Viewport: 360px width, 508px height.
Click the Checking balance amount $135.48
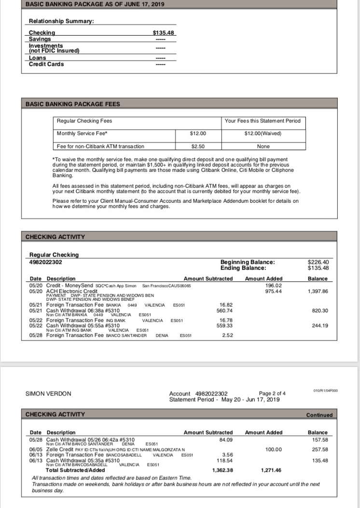[163, 33]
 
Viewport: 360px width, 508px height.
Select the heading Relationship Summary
[61, 21]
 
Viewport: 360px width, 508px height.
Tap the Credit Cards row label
[46, 64]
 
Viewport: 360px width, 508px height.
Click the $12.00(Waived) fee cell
[263, 133]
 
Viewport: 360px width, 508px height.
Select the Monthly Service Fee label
[82, 133]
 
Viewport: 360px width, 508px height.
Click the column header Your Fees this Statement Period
[263, 121]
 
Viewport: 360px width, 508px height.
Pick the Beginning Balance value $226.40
[318, 262]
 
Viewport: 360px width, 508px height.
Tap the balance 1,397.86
[317, 291]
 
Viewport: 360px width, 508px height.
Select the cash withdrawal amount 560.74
[225, 310]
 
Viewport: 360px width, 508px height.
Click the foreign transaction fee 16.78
[225, 320]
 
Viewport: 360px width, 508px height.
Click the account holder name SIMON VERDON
[48, 394]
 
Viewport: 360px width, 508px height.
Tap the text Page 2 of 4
[272, 394]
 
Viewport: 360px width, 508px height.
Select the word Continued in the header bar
[319, 415]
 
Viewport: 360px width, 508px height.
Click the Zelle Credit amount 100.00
[274, 449]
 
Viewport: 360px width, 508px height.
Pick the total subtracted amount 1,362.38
[223, 470]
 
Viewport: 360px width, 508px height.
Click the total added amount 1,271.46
[271, 470]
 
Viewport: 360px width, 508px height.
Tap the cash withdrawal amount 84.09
[225, 439]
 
